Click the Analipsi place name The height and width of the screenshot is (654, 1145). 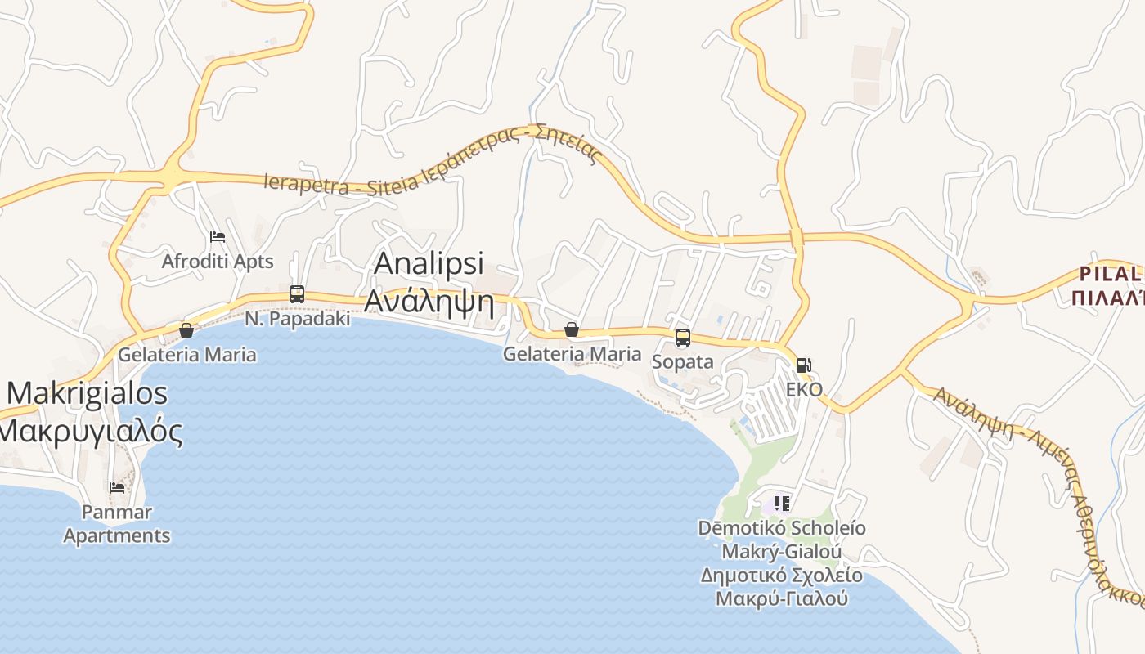[x=429, y=263]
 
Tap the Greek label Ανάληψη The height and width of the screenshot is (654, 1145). [x=429, y=302]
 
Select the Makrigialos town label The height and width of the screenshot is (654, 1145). [x=87, y=393]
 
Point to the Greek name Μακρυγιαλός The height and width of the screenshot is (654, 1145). [x=90, y=431]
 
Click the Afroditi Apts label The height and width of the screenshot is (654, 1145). [x=218, y=262]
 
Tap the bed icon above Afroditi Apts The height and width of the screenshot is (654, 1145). [x=218, y=237]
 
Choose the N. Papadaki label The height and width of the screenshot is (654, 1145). [x=298, y=319]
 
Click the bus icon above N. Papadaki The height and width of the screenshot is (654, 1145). [x=297, y=294]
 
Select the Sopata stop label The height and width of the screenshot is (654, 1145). [x=683, y=361]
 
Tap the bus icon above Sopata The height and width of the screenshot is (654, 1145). [x=683, y=337]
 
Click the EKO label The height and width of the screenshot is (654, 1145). [x=804, y=389]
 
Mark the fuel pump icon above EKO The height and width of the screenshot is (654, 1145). [x=804, y=365]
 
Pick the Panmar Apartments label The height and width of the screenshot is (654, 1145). [x=117, y=524]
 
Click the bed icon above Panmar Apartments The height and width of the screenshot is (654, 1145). [x=117, y=488]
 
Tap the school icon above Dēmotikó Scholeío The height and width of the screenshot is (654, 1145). [x=781, y=504]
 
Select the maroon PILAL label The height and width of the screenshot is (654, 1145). [x=1110, y=273]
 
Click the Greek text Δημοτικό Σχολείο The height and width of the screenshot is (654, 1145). [x=781, y=576]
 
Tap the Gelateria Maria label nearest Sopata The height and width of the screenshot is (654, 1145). [x=572, y=354]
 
